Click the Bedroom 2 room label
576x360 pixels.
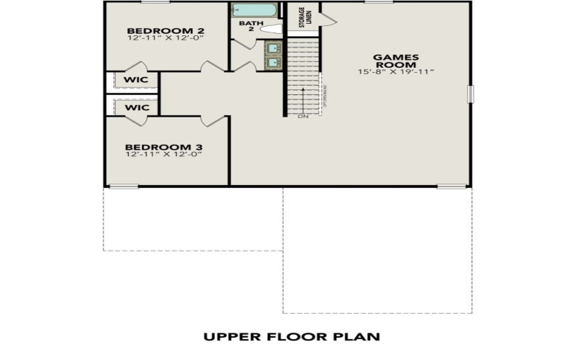point(165,30)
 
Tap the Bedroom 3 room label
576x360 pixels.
point(165,146)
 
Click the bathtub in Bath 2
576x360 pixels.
point(253,12)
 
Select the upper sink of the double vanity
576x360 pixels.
point(273,49)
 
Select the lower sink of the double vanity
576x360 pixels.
point(273,63)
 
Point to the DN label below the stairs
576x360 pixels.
point(302,117)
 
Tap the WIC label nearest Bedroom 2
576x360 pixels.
point(136,79)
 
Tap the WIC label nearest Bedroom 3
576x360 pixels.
point(136,107)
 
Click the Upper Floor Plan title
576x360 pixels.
point(291,336)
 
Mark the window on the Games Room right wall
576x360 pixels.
point(471,94)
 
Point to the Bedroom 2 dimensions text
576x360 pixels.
point(165,38)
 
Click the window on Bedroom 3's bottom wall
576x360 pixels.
point(123,186)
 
